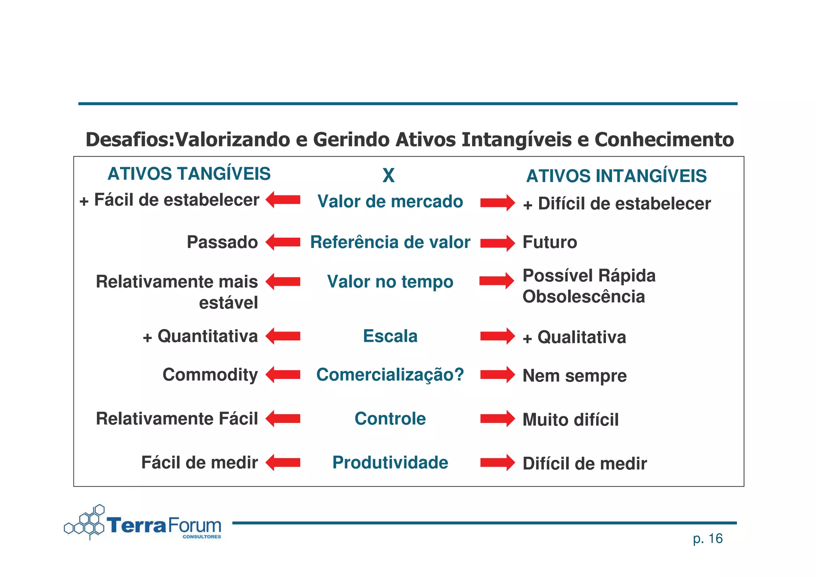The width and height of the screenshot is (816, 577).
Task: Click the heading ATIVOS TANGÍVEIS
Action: [x=189, y=174]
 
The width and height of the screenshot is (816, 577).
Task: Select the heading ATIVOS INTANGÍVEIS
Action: [x=616, y=176]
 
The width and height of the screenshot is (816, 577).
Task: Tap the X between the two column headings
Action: [x=388, y=175]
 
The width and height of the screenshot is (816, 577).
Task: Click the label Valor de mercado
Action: [x=390, y=201]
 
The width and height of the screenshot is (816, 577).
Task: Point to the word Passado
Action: [x=222, y=242]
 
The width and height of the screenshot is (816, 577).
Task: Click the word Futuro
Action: [x=549, y=242]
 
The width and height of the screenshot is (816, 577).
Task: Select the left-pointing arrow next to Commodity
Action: [x=283, y=375]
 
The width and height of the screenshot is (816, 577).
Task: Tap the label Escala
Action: [x=390, y=336]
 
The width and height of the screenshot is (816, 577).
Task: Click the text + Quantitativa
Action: [x=200, y=337]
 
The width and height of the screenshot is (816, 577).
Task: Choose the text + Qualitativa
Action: [x=574, y=337]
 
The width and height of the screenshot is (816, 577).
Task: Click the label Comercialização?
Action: [x=390, y=375]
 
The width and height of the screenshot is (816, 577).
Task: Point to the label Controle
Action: [x=390, y=419]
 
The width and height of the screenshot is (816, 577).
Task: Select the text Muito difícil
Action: [x=571, y=420]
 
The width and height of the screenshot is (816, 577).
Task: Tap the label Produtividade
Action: [x=390, y=463]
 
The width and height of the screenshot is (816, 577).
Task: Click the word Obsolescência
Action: [x=583, y=297]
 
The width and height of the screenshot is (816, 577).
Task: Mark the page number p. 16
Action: [x=708, y=539]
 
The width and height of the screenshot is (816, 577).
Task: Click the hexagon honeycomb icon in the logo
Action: [x=85, y=523]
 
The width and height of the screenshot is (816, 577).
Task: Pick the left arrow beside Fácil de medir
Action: [x=283, y=463]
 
